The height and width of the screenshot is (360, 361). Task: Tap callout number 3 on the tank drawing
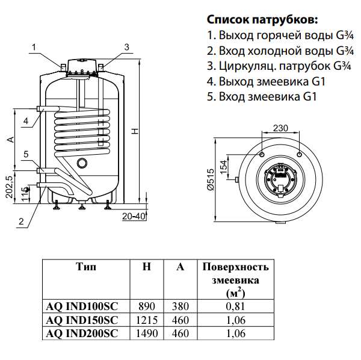126,47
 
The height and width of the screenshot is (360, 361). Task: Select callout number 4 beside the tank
26,121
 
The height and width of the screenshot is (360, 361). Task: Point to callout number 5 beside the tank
26,155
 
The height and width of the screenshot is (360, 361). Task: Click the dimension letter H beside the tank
136,131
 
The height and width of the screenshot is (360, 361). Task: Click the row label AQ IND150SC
82,319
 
